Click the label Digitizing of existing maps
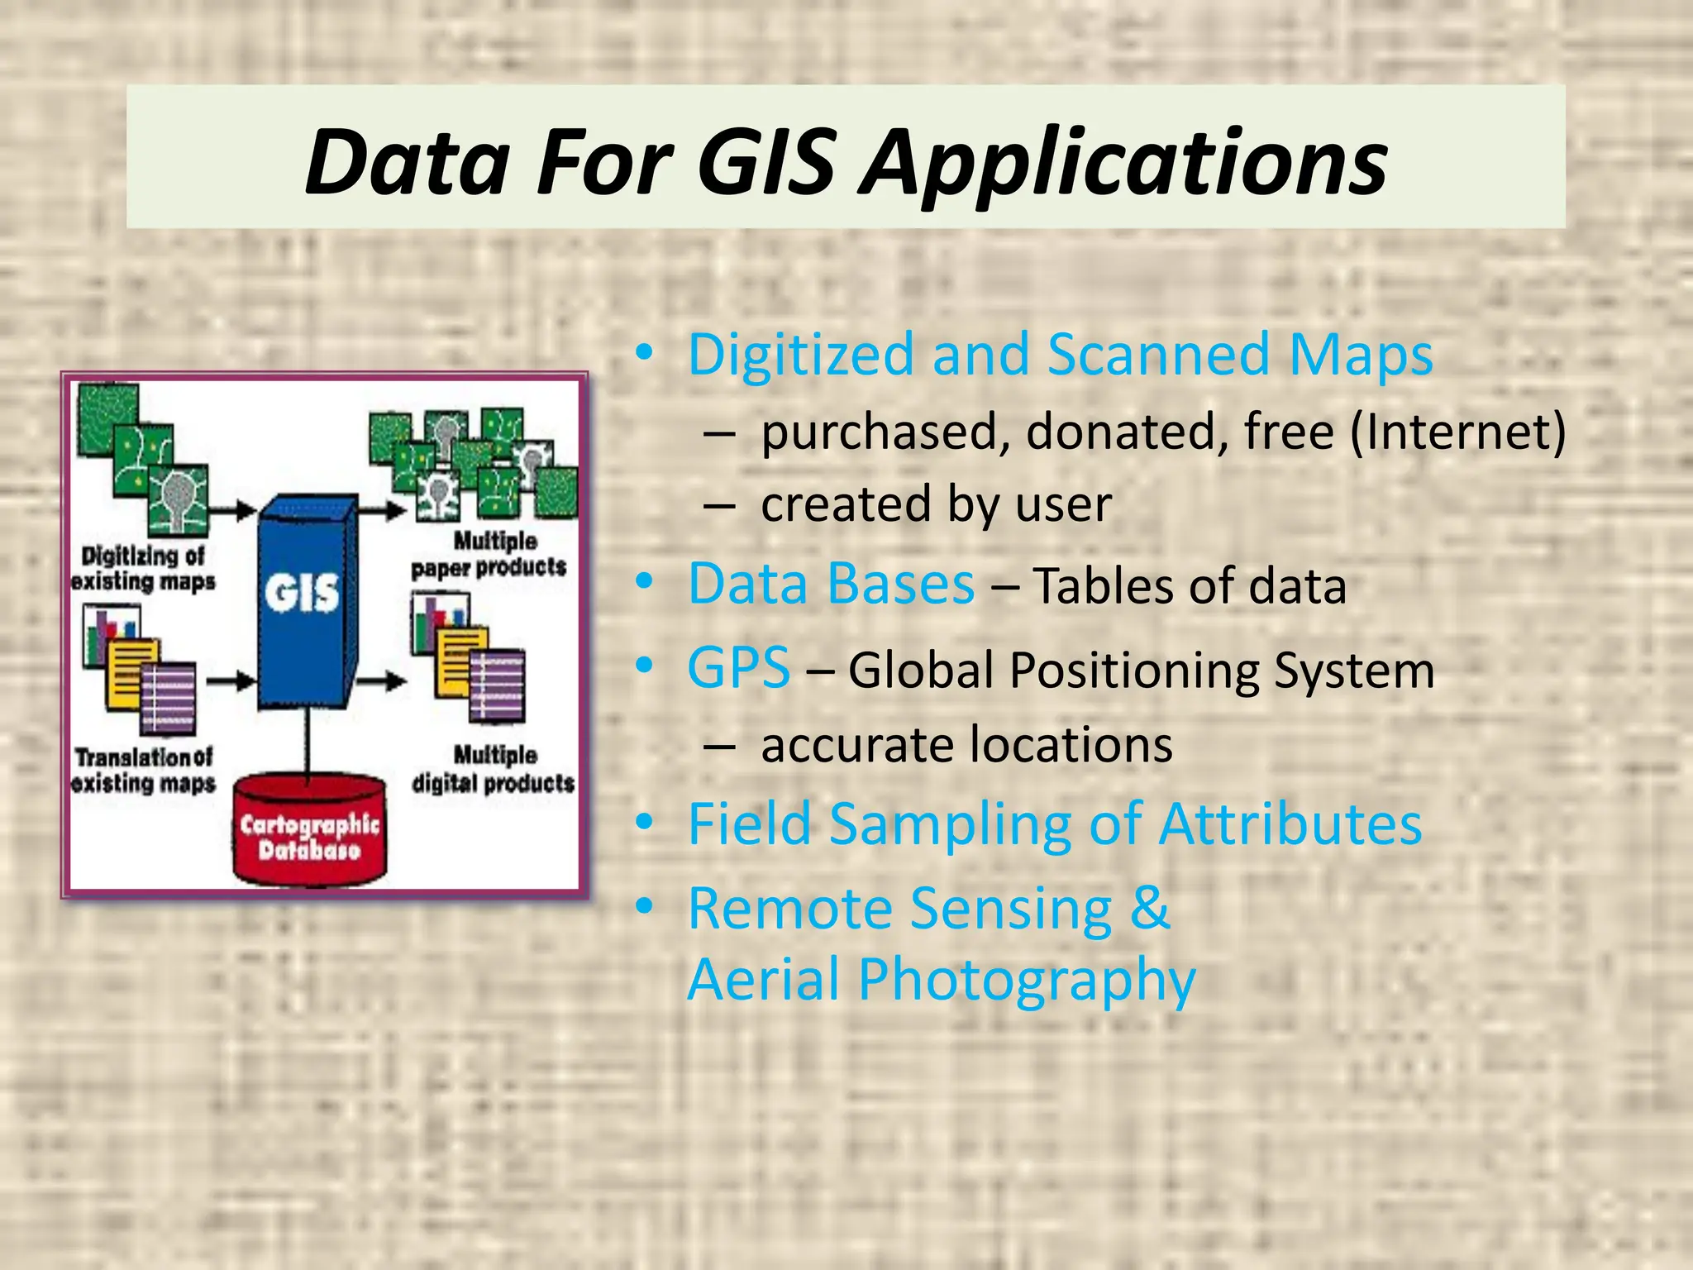click(142, 568)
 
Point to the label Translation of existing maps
click(142, 770)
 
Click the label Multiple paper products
click(489, 554)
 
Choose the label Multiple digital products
click(494, 769)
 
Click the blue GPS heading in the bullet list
click(738, 667)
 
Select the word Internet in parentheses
click(1457, 432)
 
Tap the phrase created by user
click(936, 504)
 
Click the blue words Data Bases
click(831, 584)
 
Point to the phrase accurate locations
click(966, 744)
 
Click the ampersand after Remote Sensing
click(1150, 908)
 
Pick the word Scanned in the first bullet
click(1158, 355)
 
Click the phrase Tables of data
click(1190, 586)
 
